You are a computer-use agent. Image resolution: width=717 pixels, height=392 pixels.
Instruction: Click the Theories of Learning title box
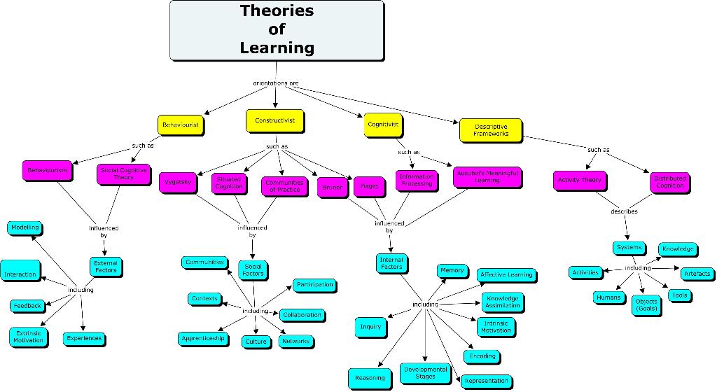(x=277, y=30)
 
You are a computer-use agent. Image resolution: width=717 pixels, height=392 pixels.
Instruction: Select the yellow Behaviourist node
(x=180, y=125)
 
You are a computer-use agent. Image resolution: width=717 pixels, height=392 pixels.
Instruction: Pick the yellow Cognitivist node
(x=383, y=124)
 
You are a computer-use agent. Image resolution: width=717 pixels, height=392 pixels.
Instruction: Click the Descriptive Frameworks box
(x=490, y=130)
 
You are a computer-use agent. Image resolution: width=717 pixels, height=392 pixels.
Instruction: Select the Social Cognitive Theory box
(x=123, y=174)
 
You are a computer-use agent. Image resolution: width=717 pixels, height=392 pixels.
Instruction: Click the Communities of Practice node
(x=284, y=186)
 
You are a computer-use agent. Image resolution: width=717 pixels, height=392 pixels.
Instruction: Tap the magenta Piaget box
(x=370, y=187)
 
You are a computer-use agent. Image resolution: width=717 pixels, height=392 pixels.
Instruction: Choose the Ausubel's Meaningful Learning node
(x=487, y=176)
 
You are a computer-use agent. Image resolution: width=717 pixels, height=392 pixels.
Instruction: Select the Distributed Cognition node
(x=669, y=182)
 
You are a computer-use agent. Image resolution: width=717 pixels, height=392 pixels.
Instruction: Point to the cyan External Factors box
(x=106, y=267)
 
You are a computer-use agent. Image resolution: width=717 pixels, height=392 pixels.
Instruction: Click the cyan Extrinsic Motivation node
(x=28, y=336)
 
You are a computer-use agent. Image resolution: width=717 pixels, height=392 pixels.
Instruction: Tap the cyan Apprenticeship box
(x=203, y=338)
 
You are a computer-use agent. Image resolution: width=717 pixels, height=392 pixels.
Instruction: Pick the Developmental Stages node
(x=425, y=372)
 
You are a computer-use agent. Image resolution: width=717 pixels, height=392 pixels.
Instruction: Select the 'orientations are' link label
(x=276, y=83)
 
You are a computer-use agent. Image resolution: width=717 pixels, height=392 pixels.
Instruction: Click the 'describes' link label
(x=623, y=211)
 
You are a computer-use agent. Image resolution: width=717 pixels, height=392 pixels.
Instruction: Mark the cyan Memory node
(x=452, y=270)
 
